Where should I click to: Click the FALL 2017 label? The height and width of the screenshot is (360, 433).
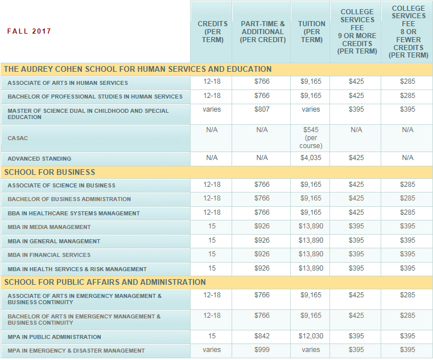click(29, 31)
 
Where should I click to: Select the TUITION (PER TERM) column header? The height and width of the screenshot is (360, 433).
click(311, 32)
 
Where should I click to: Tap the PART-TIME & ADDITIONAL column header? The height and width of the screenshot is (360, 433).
click(262, 32)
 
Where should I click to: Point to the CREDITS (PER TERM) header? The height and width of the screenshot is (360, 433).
click(212, 32)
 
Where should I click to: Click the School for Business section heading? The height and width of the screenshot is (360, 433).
click(50, 172)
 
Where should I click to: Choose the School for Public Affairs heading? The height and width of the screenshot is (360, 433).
click(105, 282)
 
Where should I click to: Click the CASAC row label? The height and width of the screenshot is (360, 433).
click(18, 138)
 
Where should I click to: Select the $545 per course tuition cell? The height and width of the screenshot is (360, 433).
click(311, 138)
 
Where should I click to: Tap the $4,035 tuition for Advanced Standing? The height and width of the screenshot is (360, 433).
click(311, 158)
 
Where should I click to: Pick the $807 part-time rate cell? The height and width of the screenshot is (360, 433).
click(262, 109)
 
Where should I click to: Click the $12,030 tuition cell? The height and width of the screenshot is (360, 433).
click(311, 336)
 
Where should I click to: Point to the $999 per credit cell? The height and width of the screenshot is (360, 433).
click(262, 350)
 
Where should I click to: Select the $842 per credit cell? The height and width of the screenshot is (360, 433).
click(262, 336)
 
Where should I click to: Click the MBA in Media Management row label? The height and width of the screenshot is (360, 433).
click(49, 227)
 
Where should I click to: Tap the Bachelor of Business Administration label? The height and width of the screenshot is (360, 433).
click(69, 199)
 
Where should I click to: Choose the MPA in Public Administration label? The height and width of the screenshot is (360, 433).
click(54, 337)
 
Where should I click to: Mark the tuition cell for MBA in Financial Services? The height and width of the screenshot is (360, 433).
click(311, 255)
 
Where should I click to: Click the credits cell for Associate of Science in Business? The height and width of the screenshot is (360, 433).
click(212, 185)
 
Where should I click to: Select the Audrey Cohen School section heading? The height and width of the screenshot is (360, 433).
click(138, 69)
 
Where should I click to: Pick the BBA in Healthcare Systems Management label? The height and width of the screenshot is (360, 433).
click(73, 214)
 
